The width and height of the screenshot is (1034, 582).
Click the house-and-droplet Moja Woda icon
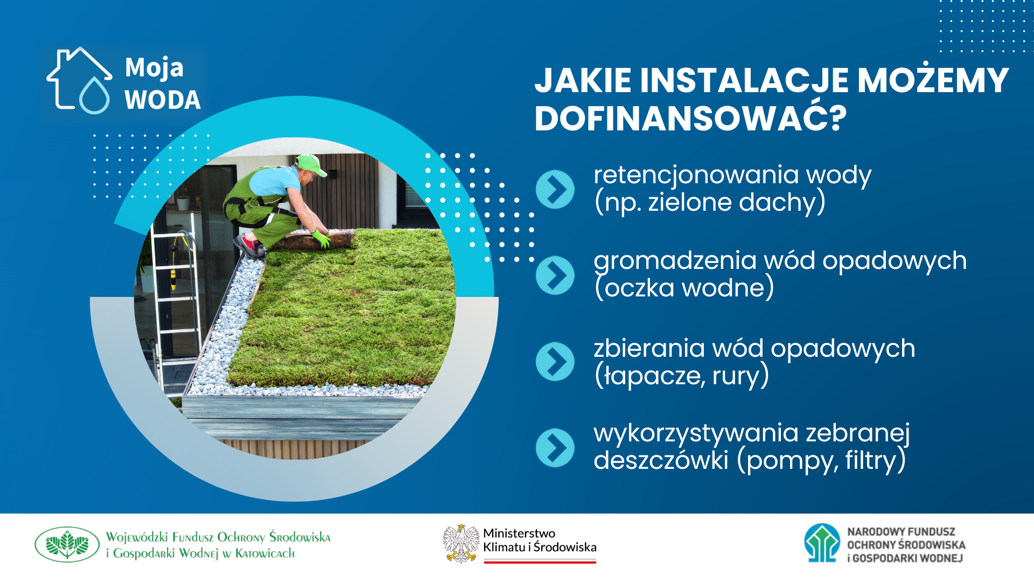point(80,81)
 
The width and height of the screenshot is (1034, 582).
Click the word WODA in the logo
point(163,100)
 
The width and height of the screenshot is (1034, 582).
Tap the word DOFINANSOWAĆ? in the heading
point(690,118)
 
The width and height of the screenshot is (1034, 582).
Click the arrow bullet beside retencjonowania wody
point(555,189)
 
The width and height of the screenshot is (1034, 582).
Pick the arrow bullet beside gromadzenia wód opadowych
point(555,275)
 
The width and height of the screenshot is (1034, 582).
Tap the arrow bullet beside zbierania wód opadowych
point(555,362)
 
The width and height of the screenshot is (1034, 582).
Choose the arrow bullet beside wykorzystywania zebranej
point(555,448)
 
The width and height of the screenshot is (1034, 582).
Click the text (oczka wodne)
point(684,288)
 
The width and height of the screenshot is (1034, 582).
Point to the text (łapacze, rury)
point(681,376)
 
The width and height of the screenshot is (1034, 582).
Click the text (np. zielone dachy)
point(709,202)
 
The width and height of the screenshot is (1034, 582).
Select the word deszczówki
point(661,460)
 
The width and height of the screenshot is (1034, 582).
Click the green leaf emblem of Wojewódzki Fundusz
point(67,544)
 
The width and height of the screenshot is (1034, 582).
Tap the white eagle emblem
point(461,543)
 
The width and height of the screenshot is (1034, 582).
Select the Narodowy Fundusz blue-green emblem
point(822,543)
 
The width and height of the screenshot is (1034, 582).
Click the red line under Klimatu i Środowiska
point(540,562)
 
